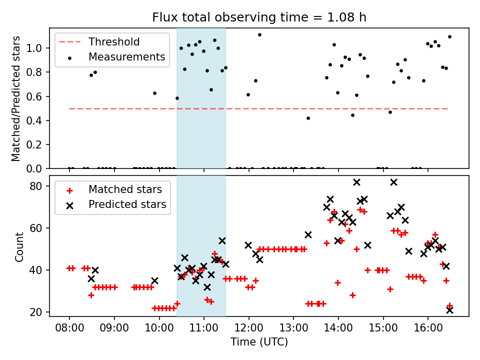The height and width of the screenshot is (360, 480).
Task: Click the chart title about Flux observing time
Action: point(259,17)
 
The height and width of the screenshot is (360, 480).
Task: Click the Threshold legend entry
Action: point(114,42)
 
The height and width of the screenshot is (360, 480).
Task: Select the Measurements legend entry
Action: point(126,57)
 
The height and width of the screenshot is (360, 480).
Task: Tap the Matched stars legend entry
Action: point(125,189)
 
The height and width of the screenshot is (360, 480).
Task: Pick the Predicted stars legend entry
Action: point(127,204)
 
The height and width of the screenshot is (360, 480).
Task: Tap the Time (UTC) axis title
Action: point(259,342)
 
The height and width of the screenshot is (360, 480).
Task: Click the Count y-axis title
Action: point(19,247)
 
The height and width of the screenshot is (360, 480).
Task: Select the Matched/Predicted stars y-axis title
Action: point(16,98)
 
